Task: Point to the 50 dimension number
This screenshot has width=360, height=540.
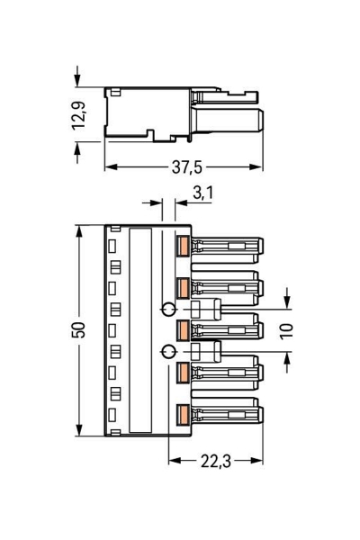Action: [x=78, y=329]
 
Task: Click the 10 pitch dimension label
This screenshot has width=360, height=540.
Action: [x=285, y=330]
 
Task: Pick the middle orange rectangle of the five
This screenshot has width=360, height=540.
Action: [x=182, y=329]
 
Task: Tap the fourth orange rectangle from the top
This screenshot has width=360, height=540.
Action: [x=182, y=372]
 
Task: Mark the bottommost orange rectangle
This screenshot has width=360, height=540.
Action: [x=182, y=414]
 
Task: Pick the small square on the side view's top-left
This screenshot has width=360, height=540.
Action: [x=116, y=92]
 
